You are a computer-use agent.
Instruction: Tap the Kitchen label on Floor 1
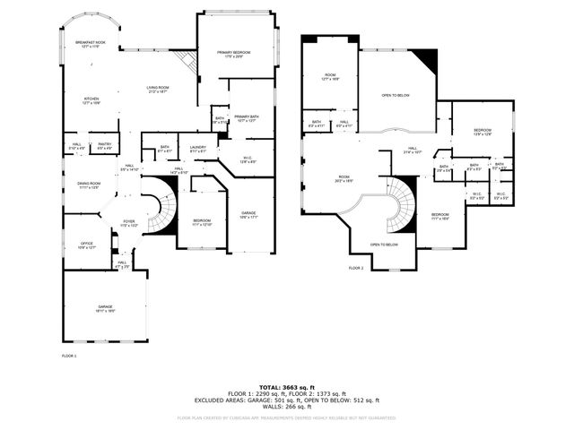click(91, 100)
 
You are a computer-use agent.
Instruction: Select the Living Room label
click(159, 89)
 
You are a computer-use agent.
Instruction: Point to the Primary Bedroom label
click(233, 54)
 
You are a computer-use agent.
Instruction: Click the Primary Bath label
click(246, 118)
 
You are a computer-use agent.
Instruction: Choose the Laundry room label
click(197, 149)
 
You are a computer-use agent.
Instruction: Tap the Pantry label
click(104, 145)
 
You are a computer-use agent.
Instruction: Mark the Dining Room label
click(88, 185)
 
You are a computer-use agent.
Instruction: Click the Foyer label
click(129, 223)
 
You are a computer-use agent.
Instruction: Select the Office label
click(86, 245)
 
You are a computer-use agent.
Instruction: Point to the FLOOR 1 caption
click(69, 356)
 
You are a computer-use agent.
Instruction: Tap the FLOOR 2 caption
click(356, 268)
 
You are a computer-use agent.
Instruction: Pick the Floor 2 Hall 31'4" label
click(413, 150)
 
